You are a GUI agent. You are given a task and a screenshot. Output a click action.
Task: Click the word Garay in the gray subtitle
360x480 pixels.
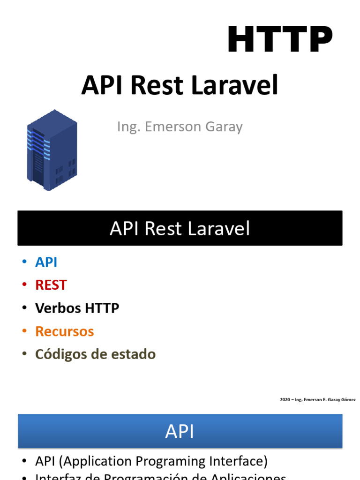pos(224,127)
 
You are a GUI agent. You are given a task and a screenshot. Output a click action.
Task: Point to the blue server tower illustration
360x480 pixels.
pos(52,150)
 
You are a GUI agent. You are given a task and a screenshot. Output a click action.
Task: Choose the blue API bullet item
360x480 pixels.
pos(46,262)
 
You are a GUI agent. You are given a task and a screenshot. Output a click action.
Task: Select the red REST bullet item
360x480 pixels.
pos(51,285)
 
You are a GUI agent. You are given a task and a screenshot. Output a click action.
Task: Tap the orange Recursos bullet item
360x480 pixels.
pos(64,331)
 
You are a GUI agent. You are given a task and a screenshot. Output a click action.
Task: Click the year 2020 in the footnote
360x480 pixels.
pos(285,400)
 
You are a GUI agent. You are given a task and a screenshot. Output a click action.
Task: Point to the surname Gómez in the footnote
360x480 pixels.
pos(348,400)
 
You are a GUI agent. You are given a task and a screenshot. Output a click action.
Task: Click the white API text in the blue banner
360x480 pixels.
pos(180,431)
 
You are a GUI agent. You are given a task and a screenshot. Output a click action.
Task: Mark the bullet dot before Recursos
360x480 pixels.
pos(24,331)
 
